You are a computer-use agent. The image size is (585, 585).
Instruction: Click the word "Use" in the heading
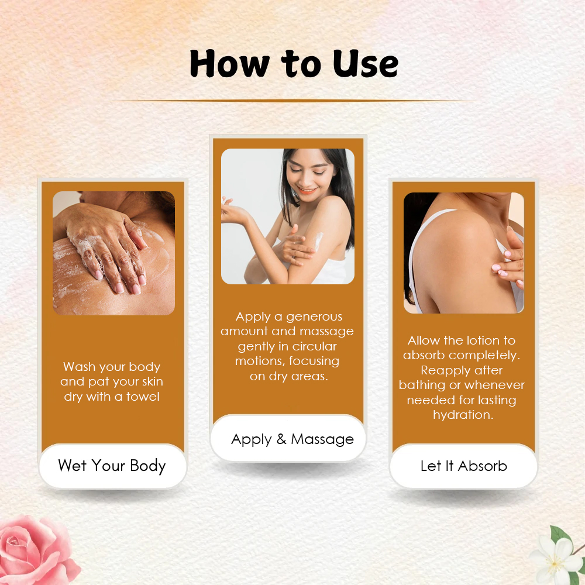pyautogui.click(x=365, y=64)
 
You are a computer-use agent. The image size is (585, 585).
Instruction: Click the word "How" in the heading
pyautogui.click(x=229, y=64)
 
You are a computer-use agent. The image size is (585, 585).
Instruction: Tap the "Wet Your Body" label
pyautogui.click(x=112, y=466)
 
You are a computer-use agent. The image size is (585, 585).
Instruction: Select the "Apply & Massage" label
pyautogui.click(x=292, y=439)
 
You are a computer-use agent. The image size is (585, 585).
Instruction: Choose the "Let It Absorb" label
pyautogui.click(x=464, y=466)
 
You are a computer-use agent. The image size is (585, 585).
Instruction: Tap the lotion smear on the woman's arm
pyautogui.click(x=318, y=240)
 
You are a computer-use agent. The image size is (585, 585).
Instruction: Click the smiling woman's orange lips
pyautogui.click(x=307, y=191)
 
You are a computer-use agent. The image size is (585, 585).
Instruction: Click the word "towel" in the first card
pyautogui.click(x=143, y=396)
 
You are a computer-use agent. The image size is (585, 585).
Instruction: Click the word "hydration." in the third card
pyautogui.click(x=463, y=415)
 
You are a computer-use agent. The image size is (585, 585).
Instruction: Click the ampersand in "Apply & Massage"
pyautogui.click(x=281, y=439)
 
